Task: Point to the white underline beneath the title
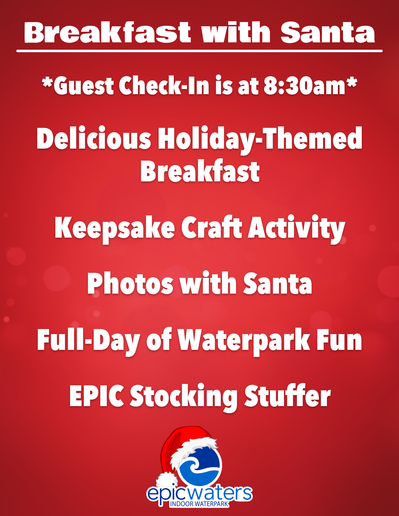(199, 51)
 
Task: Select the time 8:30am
(304, 86)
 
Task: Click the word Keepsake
(115, 228)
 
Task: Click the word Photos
(130, 283)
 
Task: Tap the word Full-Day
(89, 341)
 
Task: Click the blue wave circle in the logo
(200, 466)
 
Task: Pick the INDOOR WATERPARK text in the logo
(199, 504)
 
